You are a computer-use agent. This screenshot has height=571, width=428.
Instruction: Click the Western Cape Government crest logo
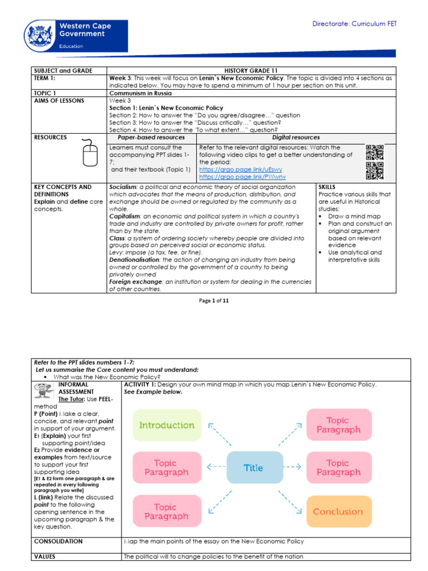pyautogui.click(x=39, y=35)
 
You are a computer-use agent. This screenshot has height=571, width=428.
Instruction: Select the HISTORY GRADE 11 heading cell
pyautogui.click(x=250, y=71)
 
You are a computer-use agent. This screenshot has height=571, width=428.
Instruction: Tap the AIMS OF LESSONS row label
pyautogui.click(x=59, y=100)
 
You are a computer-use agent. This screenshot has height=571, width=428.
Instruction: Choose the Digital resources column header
pyautogui.click(x=295, y=137)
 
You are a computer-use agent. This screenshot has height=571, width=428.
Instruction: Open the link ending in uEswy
pyautogui.click(x=241, y=169)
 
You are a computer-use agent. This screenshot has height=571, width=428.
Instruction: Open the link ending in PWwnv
pyautogui.click(x=241, y=176)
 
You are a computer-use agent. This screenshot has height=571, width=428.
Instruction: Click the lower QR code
pyautogui.click(x=374, y=171)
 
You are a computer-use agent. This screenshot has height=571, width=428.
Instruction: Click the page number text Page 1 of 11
pyautogui.click(x=214, y=301)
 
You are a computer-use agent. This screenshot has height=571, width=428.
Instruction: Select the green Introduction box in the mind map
pyautogui.click(x=167, y=425)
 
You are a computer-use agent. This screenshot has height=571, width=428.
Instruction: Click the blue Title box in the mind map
pyautogui.click(x=253, y=468)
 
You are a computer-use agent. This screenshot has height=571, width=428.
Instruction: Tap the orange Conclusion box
pyautogui.click(x=338, y=511)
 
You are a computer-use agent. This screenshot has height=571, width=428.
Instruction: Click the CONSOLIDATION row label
pyautogui.click(x=59, y=541)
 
